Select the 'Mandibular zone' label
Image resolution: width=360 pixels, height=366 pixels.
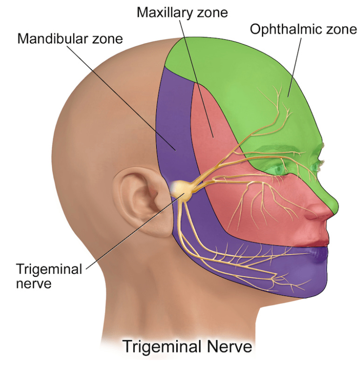pyautogui.click(x=70, y=38)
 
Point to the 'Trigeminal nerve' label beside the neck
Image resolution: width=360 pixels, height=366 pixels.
pyautogui.click(x=49, y=276)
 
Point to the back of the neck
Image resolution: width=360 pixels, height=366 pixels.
pyautogui.click(x=117, y=289)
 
